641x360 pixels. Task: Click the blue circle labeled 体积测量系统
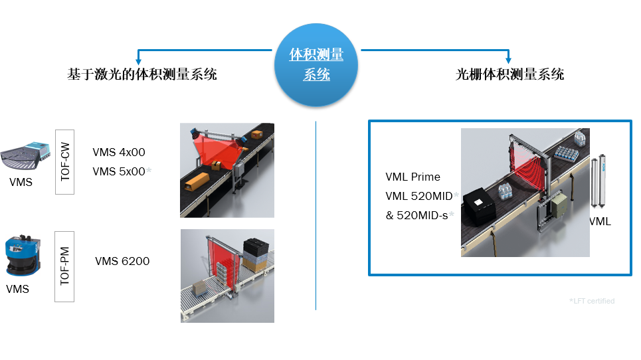click(316, 65)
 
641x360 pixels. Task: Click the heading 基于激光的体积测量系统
click(142, 74)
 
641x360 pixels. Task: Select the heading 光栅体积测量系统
click(509, 74)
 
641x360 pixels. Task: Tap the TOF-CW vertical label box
click(64, 162)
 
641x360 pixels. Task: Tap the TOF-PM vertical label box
click(64, 266)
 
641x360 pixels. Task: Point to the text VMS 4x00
click(119, 152)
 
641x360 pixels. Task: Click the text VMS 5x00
click(119, 171)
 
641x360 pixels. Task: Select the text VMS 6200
click(122, 261)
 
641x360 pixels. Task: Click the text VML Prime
click(413, 177)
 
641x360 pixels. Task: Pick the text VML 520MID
click(419, 196)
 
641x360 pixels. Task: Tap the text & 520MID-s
click(417, 215)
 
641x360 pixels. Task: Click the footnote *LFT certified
click(592, 301)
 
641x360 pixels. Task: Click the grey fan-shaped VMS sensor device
click(25, 155)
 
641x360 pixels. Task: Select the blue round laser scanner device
click(23, 255)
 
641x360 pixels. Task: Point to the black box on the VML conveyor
click(479, 207)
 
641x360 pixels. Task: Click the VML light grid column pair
click(598, 181)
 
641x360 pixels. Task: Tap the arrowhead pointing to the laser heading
click(139, 62)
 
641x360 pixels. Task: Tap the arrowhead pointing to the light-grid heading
click(509, 60)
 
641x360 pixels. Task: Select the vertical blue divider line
click(316, 215)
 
